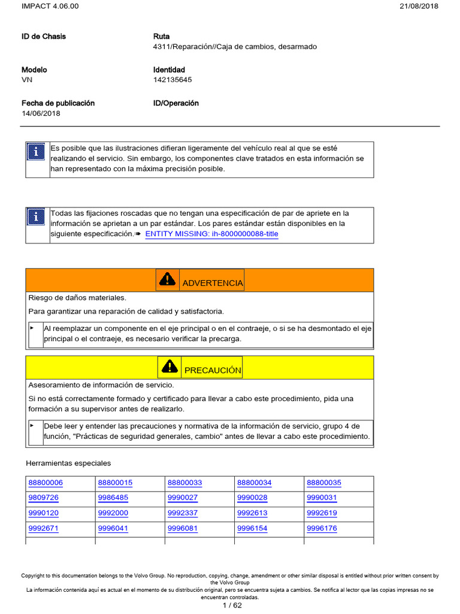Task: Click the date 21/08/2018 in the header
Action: (418, 6)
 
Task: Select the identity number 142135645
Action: (172, 80)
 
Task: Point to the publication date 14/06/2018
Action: (41, 113)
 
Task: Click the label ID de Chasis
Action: (44, 37)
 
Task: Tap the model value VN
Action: (27, 80)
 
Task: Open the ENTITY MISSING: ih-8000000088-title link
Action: (211, 234)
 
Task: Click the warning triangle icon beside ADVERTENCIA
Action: (168, 279)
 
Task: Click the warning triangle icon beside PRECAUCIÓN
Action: (170, 367)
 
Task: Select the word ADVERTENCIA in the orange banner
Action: (213, 283)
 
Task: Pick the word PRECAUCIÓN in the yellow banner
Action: (213, 371)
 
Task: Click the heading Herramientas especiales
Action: (68, 463)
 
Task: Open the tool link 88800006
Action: (46, 483)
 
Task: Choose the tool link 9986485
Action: (113, 498)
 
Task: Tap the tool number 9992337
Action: (183, 513)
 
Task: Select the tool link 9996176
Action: (322, 529)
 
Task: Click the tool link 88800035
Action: (324, 483)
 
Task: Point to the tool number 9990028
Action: (252, 498)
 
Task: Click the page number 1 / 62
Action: (230, 605)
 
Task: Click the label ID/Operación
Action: (176, 103)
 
